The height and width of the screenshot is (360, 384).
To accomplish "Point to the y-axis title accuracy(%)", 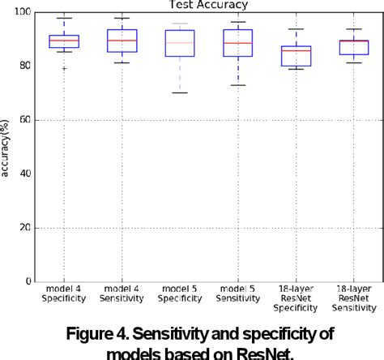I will click(7, 147).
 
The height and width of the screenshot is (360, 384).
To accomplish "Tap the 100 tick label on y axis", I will click(23, 12).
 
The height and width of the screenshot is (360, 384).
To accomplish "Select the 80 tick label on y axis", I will click(26, 66).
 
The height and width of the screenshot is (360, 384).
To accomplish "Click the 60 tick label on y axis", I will click(26, 120).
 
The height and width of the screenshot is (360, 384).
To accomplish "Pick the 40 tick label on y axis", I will click(26, 174).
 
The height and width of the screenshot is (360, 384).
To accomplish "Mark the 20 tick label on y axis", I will click(26, 228).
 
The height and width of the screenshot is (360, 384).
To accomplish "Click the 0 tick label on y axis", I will click(29, 281).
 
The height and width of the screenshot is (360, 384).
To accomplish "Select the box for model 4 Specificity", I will click(64, 41).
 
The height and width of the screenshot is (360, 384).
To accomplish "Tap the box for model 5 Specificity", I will click(179, 43).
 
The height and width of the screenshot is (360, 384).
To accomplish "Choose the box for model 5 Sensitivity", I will click(237, 42).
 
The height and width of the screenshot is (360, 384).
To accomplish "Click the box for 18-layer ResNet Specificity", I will click(295, 56).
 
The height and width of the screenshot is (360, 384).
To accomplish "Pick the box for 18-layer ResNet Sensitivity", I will click(353, 47).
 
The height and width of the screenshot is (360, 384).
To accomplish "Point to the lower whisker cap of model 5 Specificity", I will click(179, 92).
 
